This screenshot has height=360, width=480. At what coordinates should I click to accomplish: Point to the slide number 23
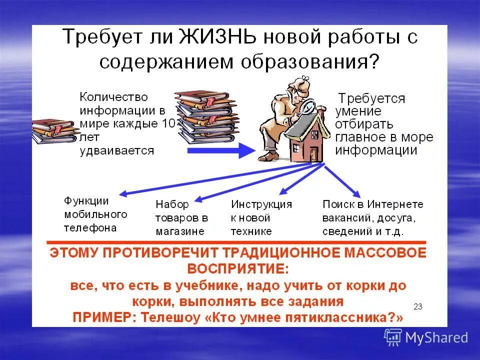pyautogui.click(x=418, y=306)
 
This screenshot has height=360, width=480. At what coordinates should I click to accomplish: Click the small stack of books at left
pyautogui.click(x=52, y=131)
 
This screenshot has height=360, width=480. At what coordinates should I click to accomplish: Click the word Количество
pyautogui.click(x=114, y=96)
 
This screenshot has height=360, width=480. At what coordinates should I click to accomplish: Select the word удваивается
pyautogui.click(x=116, y=150)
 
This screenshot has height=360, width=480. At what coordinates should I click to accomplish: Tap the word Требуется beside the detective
pyautogui.click(x=371, y=98)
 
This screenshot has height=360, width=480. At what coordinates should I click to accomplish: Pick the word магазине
pyautogui.click(x=179, y=231)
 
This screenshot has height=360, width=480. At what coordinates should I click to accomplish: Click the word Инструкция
pyautogui.click(x=261, y=204)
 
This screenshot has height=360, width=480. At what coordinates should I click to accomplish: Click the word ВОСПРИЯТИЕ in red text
pyautogui.click(x=238, y=268)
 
